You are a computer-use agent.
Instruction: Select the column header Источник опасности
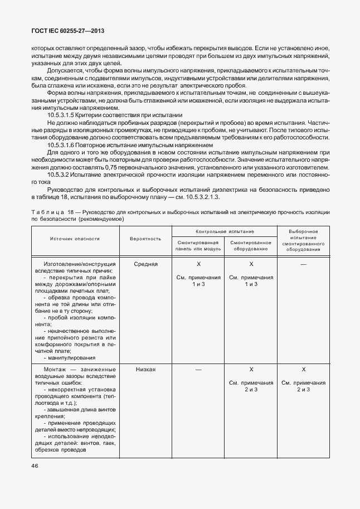pos(75,239)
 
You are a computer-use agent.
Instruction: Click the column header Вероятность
pos(145,239)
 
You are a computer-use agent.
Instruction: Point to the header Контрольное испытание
pos(225,231)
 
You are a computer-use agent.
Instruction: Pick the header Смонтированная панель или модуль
pos(197,246)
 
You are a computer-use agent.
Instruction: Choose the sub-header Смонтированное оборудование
pos(251,246)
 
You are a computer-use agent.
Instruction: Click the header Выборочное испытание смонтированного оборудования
pos(304,240)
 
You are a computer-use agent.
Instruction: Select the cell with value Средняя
pos(146,264)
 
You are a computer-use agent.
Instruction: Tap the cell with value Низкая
pos(145,370)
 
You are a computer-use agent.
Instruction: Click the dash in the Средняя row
pos(304,264)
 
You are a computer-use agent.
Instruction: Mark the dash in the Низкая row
pos(198,370)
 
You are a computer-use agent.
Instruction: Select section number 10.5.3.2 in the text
pos(59,174)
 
